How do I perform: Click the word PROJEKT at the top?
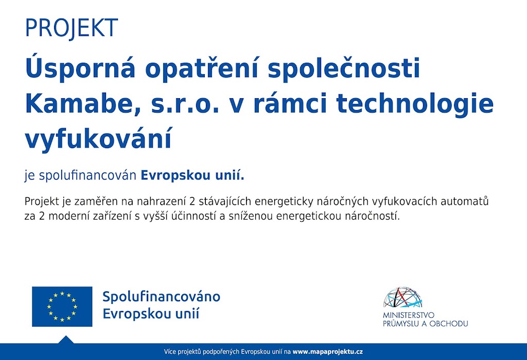pos(71,28)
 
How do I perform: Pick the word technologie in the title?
pos(415,104)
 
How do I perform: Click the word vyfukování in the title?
pos(98,138)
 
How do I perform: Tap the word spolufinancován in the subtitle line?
pos(87,176)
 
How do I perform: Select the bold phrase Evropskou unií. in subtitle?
pos(192,175)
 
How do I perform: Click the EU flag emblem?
pos(62,307)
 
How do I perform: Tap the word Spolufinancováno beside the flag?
pos(161,297)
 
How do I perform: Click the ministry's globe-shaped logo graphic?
pos(402,297)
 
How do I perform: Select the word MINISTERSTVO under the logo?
pos(408,315)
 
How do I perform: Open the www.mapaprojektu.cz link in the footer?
pos(328,352)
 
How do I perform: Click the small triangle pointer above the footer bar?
pos(66,339)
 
